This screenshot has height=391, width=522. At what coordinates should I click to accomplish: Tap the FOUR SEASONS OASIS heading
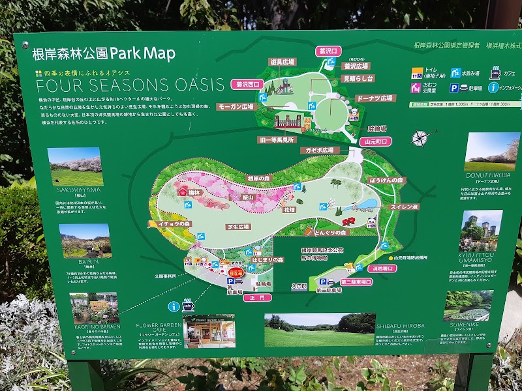[x=130, y=85]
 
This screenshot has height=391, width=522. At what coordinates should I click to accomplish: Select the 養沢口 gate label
[x=329, y=51]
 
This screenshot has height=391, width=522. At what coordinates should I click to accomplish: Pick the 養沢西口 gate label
[x=247, y=84]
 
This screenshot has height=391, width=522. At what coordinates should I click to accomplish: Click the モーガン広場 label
[x=236, y=106]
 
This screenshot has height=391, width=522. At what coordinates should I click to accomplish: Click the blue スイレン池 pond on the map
[x=367, y=204]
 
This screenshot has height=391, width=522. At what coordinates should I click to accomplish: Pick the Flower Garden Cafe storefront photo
[x=209, y=332]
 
